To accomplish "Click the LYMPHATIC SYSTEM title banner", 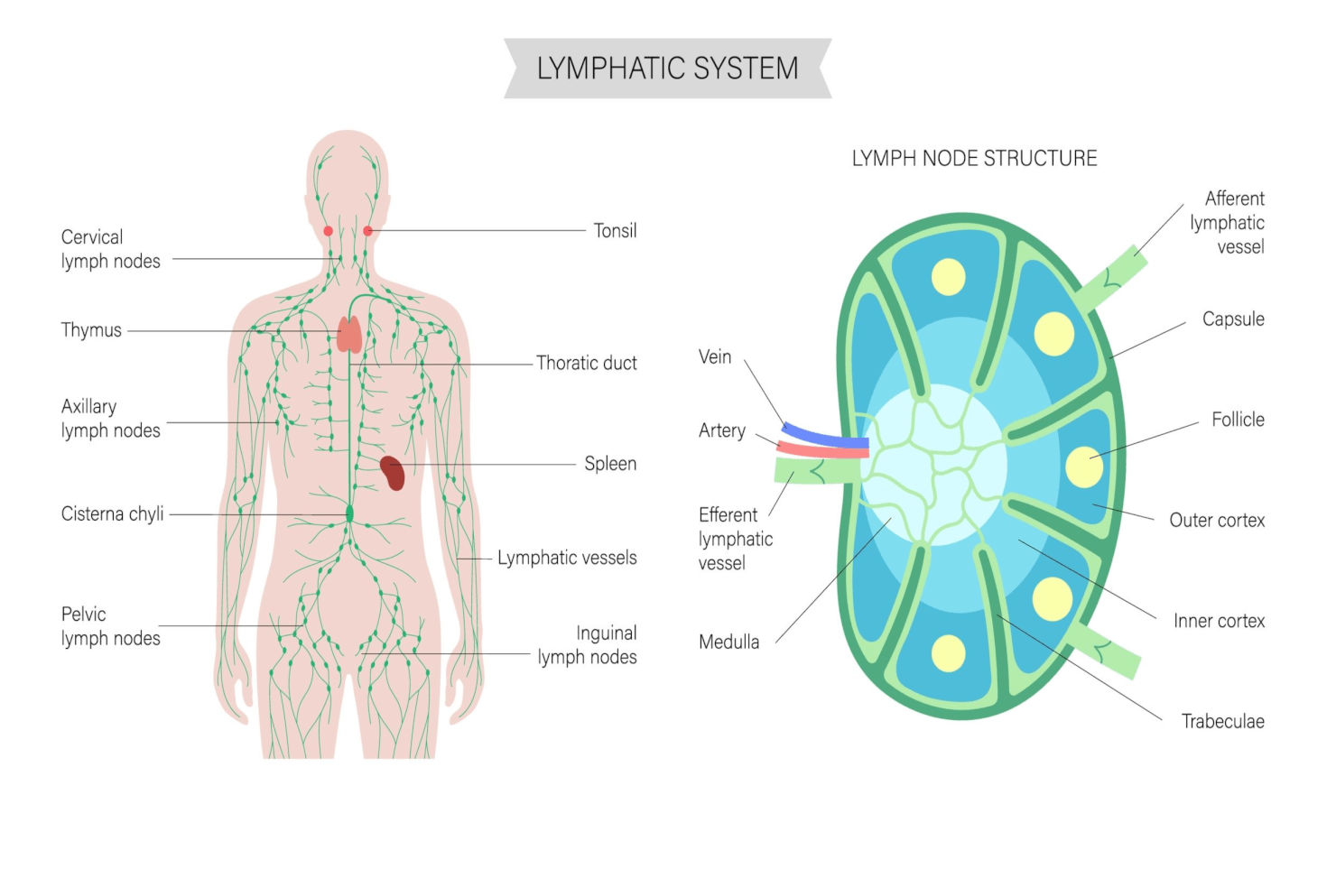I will coord(667,69).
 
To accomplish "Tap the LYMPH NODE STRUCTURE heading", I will coord(974,159).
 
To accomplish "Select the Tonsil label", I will coord(615,231).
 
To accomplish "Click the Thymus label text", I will coord(91,330).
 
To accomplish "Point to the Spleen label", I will coord(610,464).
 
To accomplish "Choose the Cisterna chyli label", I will coord(112,514).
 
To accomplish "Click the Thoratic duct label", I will coord(587,363).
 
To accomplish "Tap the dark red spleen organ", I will coord(393,472).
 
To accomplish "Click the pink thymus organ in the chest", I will coord(349,335).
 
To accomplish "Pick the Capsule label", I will coord(1233,319).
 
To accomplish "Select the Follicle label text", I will coord(1238,420).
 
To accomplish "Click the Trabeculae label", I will coord(1222,722).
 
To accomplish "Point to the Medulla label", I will coord(728,642).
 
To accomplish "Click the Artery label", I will coord(722,431).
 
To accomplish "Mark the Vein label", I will coord(715,357).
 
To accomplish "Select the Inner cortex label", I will coord(1219,621).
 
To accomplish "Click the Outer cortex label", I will coord(1217,521).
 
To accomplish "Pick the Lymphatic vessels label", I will coord(567,559).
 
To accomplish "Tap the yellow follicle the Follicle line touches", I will coord(1084,467).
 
